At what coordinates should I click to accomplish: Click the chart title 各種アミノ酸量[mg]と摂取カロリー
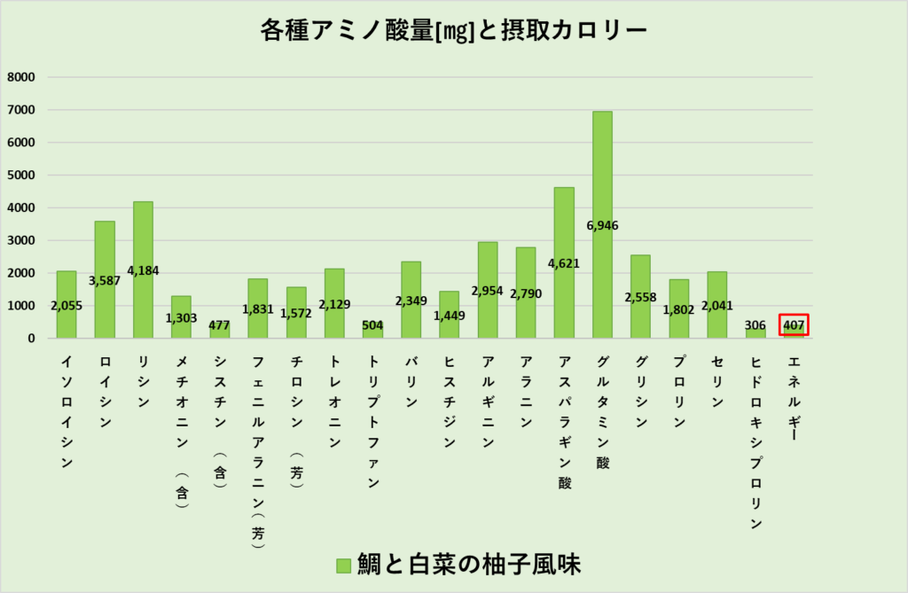[x=454, y=30]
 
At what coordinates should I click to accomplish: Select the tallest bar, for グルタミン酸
[x=602, y=177]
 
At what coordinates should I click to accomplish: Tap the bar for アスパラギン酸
[x=564, y=230]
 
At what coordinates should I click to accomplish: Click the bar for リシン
[x=143, y=239]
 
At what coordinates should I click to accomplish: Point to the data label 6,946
[x=602, y=225]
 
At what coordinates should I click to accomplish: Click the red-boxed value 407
[x=794, y=325]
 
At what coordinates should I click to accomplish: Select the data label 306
[x=755, y=325]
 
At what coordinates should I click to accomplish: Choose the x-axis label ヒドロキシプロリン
[x=755, y=442]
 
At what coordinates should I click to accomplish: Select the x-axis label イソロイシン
[x=67, y=411]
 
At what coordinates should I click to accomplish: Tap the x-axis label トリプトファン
[x=372, y=421]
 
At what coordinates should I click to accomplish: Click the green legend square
[x=344, y=565]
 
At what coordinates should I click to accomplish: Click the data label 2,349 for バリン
[x=411, y=301]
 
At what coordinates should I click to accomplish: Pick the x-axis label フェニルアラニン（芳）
[x=258, y=452]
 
